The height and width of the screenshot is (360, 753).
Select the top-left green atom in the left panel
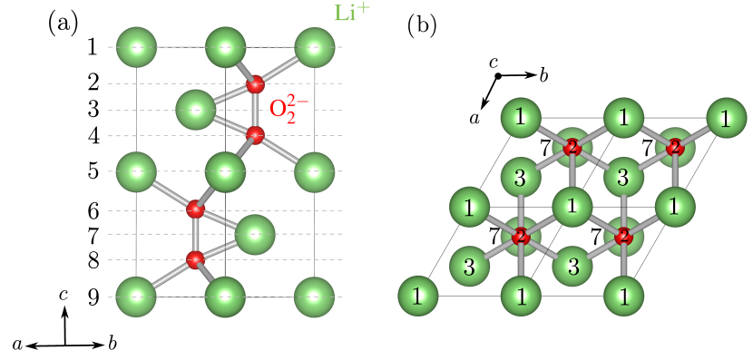click(137, 47)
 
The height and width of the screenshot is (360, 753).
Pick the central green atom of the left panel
click(226, 171)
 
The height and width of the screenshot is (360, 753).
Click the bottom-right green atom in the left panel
click(315, 296)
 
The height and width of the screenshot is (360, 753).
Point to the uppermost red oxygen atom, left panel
click(255, 83)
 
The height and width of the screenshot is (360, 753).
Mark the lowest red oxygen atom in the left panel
click(195, 259)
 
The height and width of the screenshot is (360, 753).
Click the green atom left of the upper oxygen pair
click(196, 110)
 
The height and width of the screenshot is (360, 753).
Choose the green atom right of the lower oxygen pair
click(255, 234)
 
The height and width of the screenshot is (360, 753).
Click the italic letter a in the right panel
click(474, 118)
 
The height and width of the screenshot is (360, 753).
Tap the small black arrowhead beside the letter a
click(484, 102)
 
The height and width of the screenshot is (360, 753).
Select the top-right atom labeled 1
click(726, 118)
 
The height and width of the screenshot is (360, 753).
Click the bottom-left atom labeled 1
click(418, 296)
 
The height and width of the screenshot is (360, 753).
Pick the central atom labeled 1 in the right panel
click(572, 206)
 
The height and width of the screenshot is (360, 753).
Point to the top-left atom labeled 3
click(521, 177)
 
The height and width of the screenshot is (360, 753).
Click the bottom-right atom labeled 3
click(572, 266)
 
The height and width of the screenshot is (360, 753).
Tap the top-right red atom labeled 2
click(674, 147)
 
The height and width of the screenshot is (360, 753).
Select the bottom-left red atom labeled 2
click(521, 236)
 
